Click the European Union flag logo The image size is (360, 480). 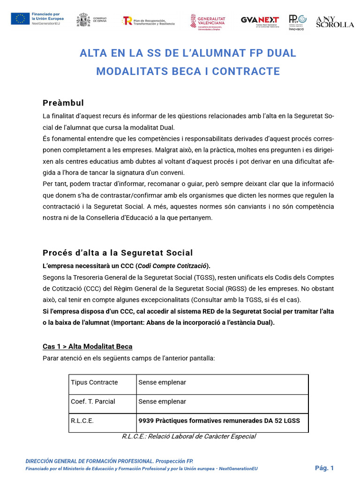[20, 19]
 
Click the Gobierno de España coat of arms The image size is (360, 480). [83, 20]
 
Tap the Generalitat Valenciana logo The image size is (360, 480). [207, 21]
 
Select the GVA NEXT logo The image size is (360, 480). [260, 21]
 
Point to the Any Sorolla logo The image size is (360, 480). [335, 21]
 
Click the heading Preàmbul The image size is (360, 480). [63, 103]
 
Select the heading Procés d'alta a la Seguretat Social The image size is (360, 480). [118, 253]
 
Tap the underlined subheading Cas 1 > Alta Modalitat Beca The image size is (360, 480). [87, 346]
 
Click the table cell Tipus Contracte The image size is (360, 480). [94, 382]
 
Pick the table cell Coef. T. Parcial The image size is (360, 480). [93, 402]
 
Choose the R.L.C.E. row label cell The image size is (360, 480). [82, 421]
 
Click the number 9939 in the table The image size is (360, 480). [146, 421]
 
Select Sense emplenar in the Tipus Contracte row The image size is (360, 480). [162, 382]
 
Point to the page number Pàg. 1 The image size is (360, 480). [324, 468]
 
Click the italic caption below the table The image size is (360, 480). [188, 436]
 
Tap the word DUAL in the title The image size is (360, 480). [281, 53]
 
